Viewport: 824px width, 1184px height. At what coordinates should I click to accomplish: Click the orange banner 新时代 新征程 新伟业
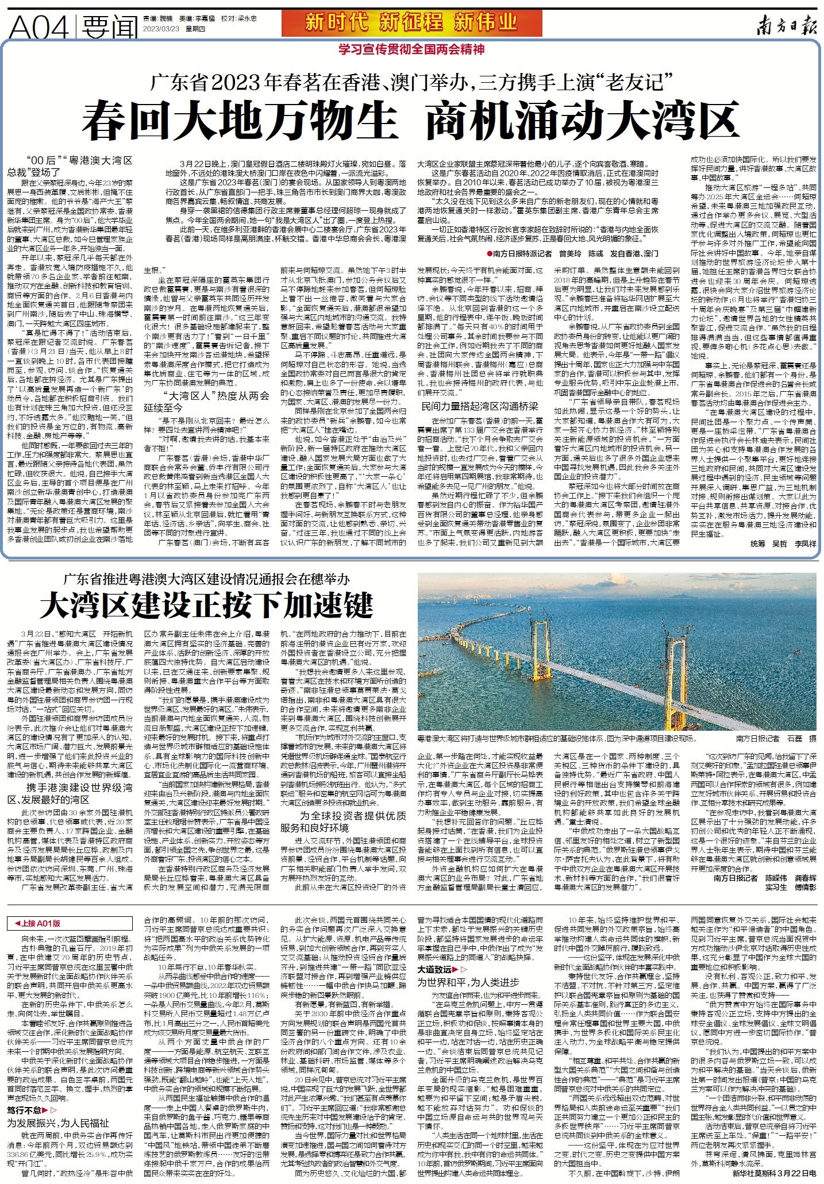coord(411,22)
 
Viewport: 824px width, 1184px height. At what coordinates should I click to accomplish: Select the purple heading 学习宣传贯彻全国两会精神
coord(411,50)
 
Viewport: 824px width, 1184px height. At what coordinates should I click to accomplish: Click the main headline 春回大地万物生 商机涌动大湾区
coord(410,119)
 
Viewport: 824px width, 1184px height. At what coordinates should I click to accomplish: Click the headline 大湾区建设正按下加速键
coord(206,604)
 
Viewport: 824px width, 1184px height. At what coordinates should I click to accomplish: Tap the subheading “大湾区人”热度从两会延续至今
coord(215,401)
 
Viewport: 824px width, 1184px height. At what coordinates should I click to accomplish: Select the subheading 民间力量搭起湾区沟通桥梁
coord(479,406)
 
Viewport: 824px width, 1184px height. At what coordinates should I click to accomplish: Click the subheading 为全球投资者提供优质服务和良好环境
coord(344,821)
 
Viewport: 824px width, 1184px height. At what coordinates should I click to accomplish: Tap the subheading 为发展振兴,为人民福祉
coord(57,1123)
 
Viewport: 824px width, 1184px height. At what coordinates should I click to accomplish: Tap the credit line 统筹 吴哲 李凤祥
coord(783,543)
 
